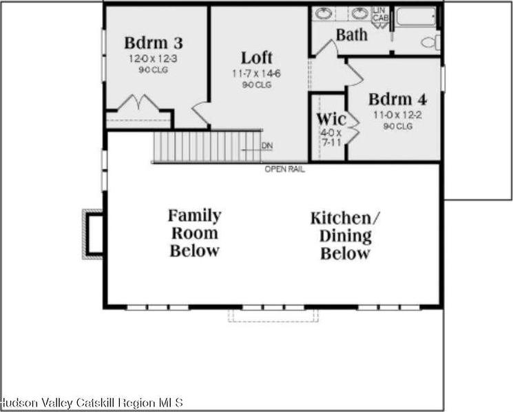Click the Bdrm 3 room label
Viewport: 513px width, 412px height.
tap(154, 43)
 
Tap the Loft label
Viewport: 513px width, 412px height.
tap(256, 57)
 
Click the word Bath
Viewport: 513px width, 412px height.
tap(352, 34)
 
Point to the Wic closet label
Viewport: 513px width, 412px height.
tap(331, 118)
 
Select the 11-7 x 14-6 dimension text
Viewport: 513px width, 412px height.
tap(256, 73)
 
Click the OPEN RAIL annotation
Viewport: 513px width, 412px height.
tap(284, 169)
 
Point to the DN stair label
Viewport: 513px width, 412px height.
tap(267, 146)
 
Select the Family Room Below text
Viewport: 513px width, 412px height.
tap(195, 232)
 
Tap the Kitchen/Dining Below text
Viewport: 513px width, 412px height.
tap(345, 235)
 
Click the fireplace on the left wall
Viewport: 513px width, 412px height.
tap(93, 234)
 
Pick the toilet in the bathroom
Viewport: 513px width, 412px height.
tap(429, 43)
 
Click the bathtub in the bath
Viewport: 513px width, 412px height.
tap(415, 17)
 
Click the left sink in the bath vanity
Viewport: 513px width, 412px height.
tap(324, 14)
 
